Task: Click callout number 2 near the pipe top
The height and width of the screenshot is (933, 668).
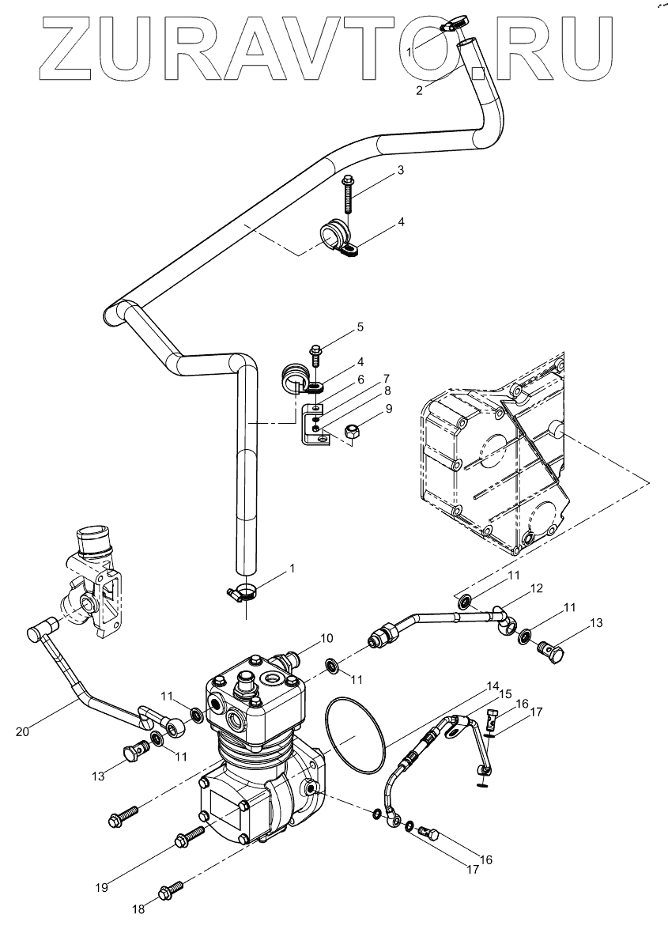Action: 420,89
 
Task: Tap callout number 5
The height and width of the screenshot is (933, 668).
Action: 360,327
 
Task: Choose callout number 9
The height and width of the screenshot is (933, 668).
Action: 388,410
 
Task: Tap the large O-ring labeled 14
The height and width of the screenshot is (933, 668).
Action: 355,735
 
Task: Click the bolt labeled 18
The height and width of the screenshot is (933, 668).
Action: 171,891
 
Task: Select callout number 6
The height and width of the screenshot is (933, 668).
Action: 360,380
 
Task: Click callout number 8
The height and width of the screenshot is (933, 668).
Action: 388,390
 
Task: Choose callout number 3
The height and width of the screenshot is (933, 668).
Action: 401,170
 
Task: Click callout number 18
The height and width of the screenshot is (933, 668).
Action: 138,910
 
